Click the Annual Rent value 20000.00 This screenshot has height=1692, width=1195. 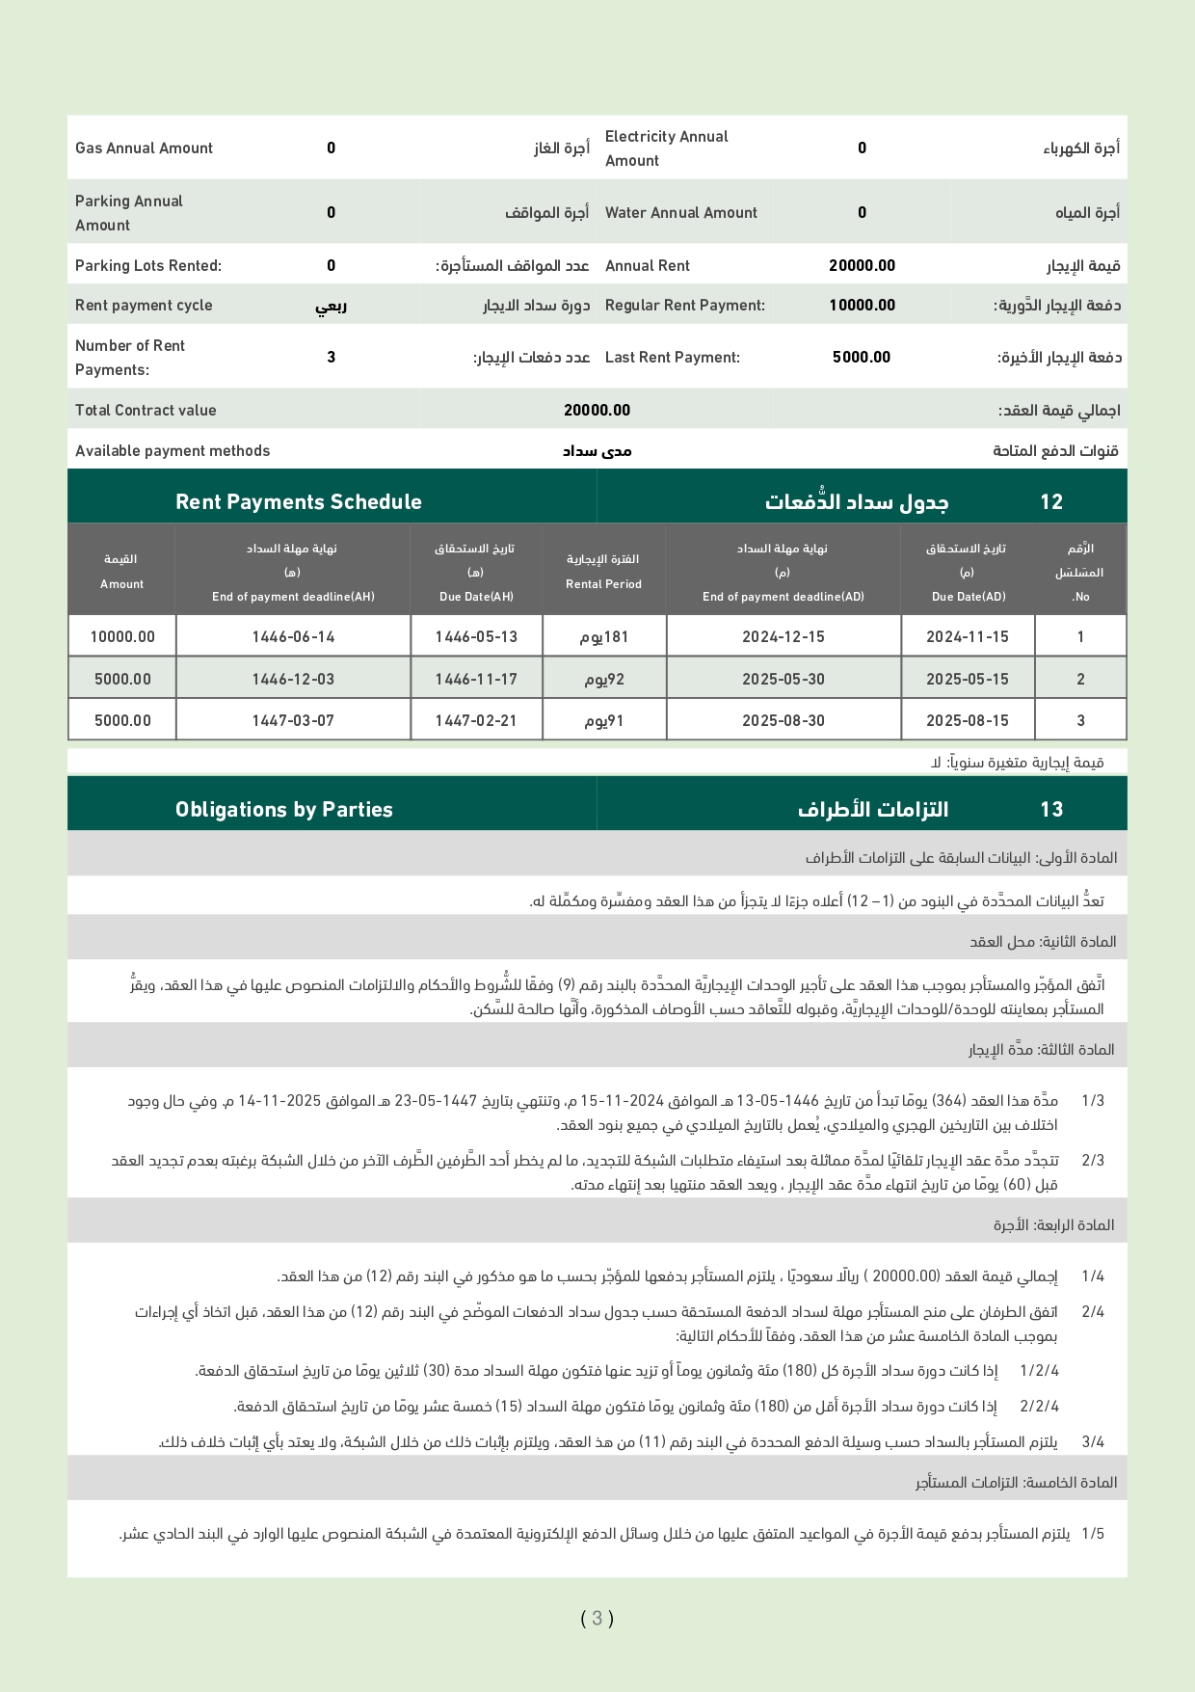862,266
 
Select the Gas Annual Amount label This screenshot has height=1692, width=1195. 144,148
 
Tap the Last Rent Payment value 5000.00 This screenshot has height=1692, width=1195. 862,358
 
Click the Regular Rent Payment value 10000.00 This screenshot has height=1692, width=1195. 862,306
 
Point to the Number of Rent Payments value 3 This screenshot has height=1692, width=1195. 331,358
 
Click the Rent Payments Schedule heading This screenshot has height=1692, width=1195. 298,502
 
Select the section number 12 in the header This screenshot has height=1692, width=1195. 1050,502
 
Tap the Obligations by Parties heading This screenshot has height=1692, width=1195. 283,810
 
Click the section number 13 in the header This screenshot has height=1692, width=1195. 1050,810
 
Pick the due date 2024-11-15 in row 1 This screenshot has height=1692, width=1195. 967,637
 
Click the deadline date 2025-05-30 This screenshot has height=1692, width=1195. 783,680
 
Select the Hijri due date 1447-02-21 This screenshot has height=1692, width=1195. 476,721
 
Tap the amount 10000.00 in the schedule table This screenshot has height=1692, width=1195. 122,637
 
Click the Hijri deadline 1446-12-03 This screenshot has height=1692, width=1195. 293,680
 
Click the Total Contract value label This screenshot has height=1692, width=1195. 146,411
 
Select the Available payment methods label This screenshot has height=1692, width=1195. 173,451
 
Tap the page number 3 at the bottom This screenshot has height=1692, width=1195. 597,1618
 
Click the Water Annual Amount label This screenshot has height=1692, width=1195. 680,213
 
